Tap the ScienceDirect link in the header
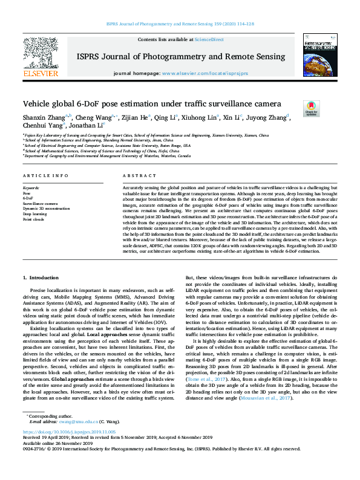[x=210, y=39]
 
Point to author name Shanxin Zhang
[x=44, y=118]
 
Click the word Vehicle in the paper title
[x=38, y=104]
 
